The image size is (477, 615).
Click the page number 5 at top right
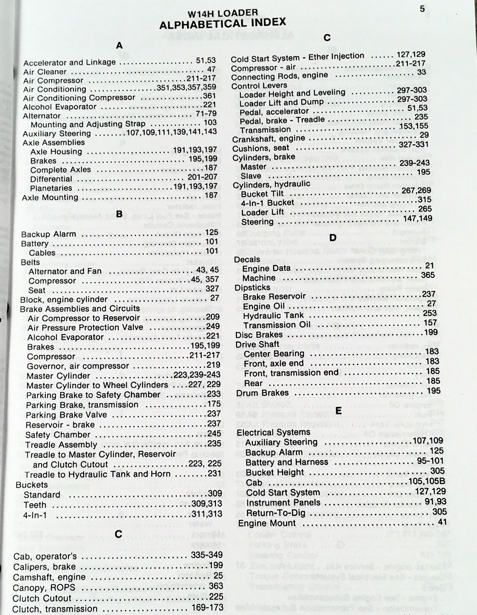pyautogui.click(x=422, y=9)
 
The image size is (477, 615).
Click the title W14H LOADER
pyautogui.click(x=223, y=13)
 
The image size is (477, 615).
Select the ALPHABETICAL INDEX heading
pyautogui.click(x=223, y=23)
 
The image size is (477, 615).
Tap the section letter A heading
pyautogui.click(x=120, y=46)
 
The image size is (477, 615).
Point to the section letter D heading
pyautogui.click(x=333, y=238)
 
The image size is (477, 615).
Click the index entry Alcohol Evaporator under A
pyautogui.click(x=60, y=107)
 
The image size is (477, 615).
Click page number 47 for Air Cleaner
pyautogui.click(x=211, y=69)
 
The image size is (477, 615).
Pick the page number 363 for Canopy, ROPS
pyautogui.click(x=216, y=586)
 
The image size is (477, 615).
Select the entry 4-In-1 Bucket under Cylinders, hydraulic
pyautogui.click(x=268, y=203)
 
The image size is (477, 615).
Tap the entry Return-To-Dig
pyautogui.click(x=276, y=513)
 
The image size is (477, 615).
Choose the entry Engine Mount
pyautogui.click(x=267, y=523)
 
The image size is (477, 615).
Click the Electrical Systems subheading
pyautogui.click(x=273, y=432)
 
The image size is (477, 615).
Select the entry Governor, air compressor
pyautogui.click(x=78, y=366)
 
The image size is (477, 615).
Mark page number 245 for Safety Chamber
pyautogui.click(x=214, y=433)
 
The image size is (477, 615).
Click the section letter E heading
pyautogui.click(x=338, y=411)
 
